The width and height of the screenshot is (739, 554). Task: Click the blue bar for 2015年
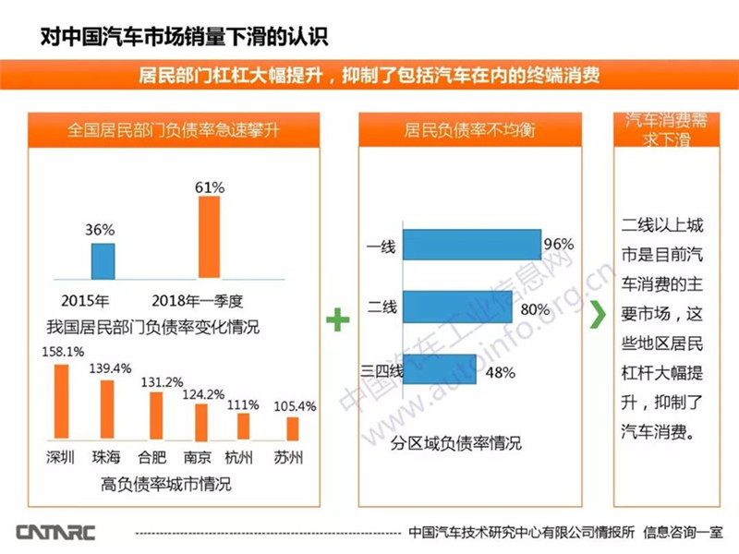103,260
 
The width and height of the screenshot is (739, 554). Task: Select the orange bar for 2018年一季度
211,237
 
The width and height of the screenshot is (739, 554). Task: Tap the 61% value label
210,187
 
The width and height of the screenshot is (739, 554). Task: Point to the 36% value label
103,230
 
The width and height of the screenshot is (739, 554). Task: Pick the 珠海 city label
106,457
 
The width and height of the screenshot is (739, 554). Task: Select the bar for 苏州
292,428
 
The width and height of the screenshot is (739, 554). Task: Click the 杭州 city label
245,457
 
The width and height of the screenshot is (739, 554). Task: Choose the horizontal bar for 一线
472,246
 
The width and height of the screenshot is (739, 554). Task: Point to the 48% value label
500,372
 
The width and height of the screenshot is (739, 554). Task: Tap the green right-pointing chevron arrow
599,312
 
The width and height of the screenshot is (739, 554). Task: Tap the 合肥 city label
152,457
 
